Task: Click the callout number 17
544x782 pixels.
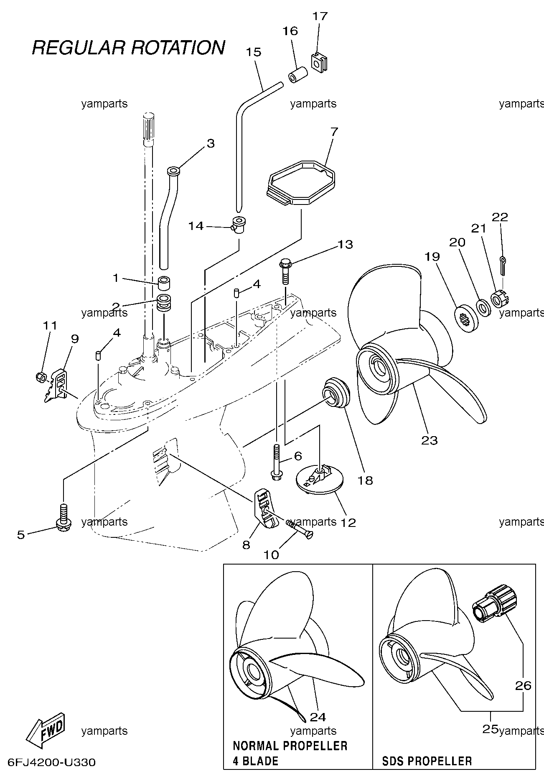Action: coord(320,16)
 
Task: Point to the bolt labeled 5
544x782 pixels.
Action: coord(63,517)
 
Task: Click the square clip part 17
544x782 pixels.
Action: coord(320,62)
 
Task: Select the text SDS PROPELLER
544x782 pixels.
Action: coord(427,761)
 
